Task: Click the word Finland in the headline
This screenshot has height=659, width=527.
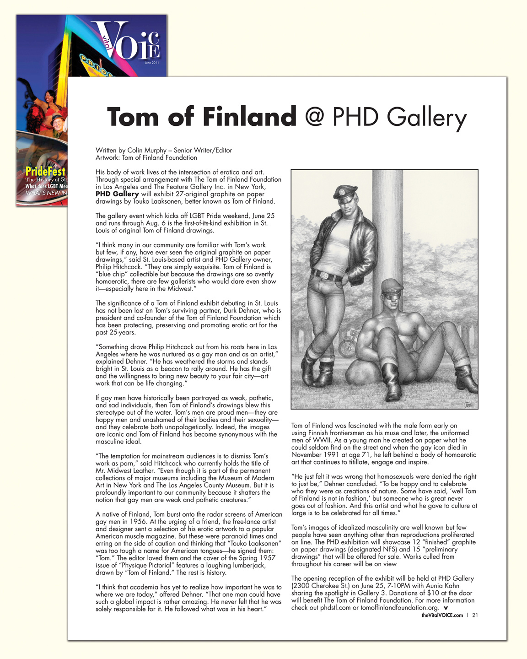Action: click(x=250, y=117)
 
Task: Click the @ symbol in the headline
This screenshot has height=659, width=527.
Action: click(x=314, y=117)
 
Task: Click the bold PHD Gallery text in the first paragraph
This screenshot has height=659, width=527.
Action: click(x=117, y=194)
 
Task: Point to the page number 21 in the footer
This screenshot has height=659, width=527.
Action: click(x=475, y=616)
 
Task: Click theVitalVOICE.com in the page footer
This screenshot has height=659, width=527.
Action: click(x=442, y=616)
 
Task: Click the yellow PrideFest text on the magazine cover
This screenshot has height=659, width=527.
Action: click(x=45, y=172)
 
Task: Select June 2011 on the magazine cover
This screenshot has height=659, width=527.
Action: click(x=151, y=63)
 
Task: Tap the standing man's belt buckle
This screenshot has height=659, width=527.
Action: click(x=324, y=275)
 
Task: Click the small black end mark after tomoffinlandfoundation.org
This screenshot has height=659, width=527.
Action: click(x=446, y=608)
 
